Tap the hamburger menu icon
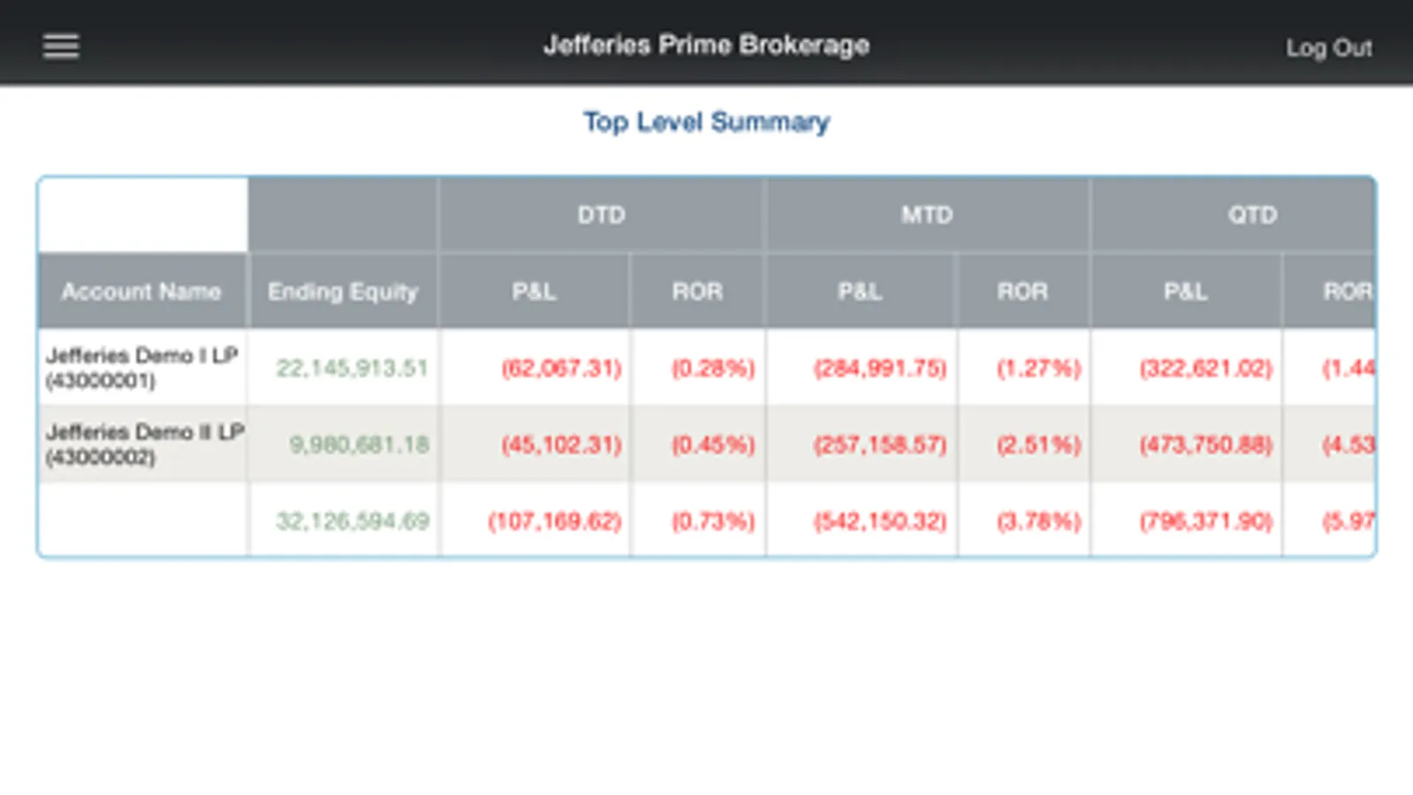[61, 46]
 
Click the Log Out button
[1328, 48]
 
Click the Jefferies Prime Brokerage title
[706, 45]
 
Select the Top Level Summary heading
[706, 122]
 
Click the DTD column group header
[601, 215]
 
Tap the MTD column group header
[927, 215]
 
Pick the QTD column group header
[1251, 215]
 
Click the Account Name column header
[141, 291]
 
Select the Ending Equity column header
[343, 291]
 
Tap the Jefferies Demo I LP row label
[141, 367]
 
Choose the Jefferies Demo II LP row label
[144, 443]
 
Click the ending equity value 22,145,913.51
[352, 367]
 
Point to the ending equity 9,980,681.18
[359, 443]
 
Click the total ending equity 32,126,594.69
[352, 521]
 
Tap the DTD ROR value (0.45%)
[713, 443]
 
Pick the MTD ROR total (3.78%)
[1038, 521]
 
